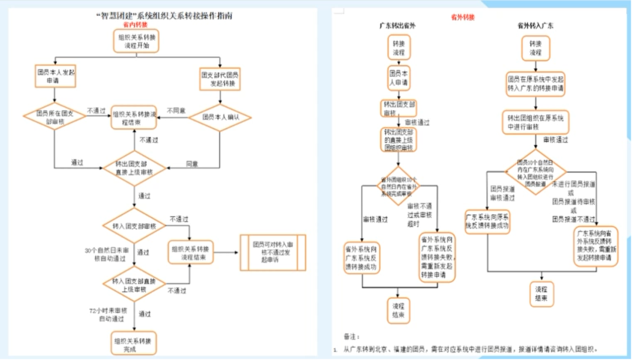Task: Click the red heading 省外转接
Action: (x=463, y=18)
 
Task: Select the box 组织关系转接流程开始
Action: (x=136, y=40)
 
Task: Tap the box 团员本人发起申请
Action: (x=54, y=77)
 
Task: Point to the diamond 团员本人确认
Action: (x=219, y=117)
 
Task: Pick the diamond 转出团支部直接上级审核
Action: (x=135, y=168)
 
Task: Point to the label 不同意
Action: (x=177, y=110)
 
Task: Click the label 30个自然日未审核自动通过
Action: (x=105, y=255)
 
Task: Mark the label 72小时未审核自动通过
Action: (x=105, y=314)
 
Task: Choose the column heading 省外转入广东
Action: (x=535, y=26)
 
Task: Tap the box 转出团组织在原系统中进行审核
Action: (x=535, y=122)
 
